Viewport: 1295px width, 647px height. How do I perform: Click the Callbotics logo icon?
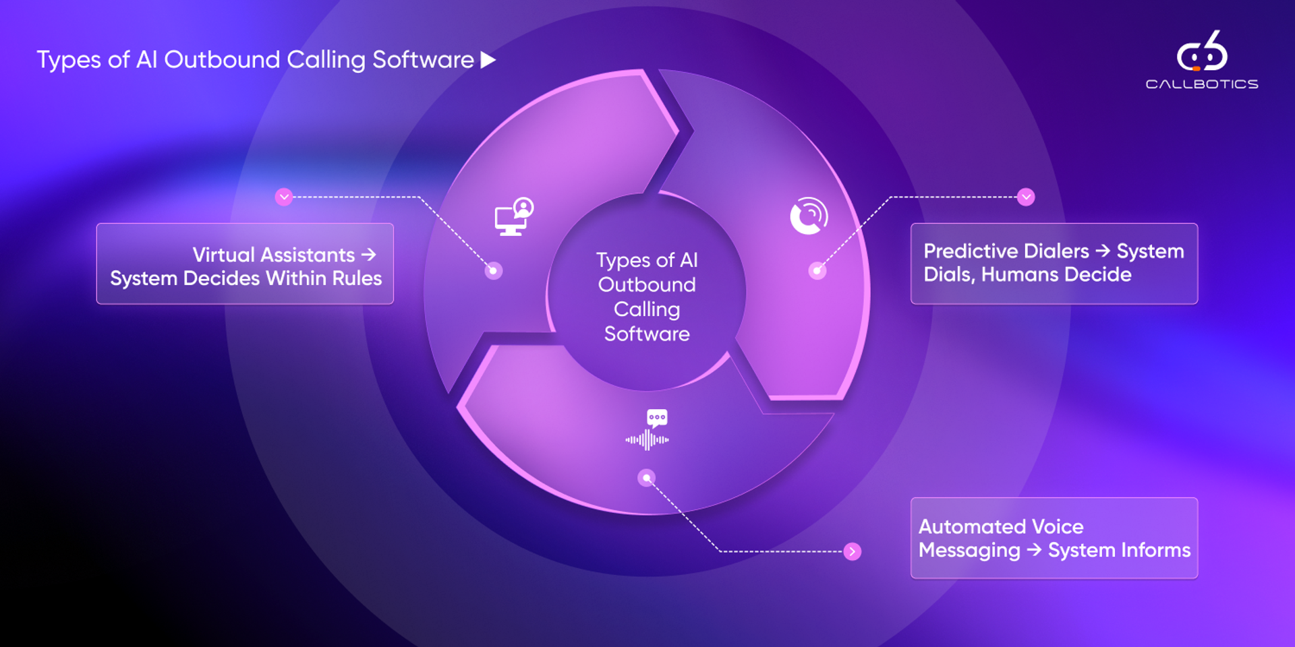1202,53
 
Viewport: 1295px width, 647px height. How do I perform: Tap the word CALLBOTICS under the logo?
1202,84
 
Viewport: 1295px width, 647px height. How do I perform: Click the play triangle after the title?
488,60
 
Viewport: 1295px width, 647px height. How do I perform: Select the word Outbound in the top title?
221,60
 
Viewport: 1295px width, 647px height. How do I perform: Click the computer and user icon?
514,216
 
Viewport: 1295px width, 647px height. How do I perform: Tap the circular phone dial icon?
809,216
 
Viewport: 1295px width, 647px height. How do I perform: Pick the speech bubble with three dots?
657,418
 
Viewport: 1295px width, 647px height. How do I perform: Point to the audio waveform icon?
647,440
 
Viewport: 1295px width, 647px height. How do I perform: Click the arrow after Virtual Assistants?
368,255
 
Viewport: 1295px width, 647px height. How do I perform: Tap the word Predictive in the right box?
972,251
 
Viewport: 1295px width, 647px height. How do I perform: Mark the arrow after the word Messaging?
1034,550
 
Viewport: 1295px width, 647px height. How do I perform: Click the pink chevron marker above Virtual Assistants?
284,197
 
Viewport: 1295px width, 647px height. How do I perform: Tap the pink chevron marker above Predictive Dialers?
1026,197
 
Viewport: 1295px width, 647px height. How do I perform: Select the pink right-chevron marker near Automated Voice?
853,551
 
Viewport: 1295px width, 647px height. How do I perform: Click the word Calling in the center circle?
647,309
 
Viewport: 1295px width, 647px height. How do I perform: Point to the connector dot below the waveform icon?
646,478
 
